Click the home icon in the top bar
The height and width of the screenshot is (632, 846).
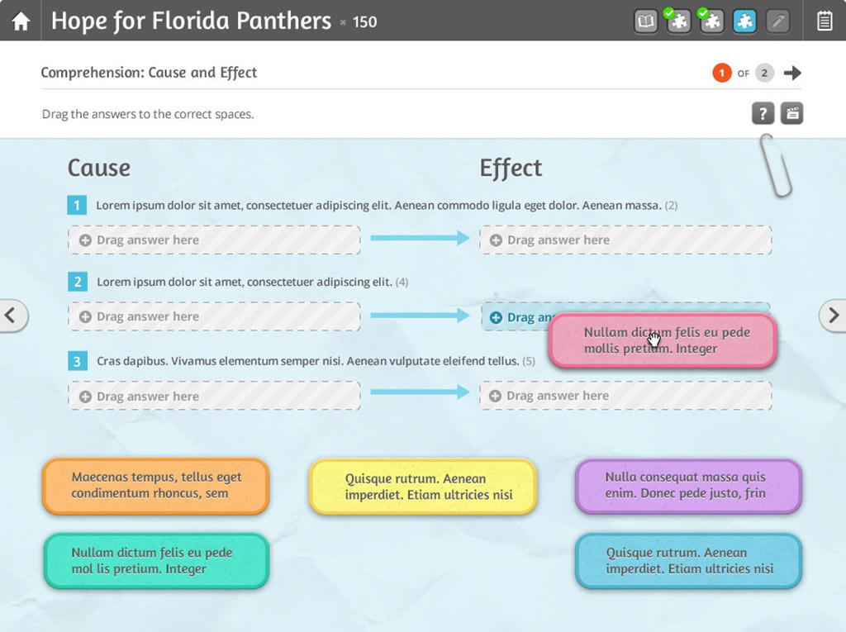click(x=21, y=21)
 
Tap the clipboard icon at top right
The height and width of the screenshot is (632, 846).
click(x=824, y=21)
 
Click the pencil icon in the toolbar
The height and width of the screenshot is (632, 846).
click(x=777, y=21)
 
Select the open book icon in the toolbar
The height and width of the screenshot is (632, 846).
click(x=647, y=21)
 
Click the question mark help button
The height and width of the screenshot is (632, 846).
click(x=763, y=113)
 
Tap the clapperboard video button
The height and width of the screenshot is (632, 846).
click(x=791, y=113)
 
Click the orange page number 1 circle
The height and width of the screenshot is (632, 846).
click(x=721, y=73)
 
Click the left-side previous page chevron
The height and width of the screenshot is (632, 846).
click(x=12, y=315)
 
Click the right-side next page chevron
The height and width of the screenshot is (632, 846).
click(x=833, y=315)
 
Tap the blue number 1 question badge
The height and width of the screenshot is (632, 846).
click(x=77, y=205)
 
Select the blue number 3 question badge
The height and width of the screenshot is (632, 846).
click(x=77, y=361)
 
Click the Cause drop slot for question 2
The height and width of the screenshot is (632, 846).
click(x=214, y=316)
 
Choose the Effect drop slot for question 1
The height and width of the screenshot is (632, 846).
click(x=625, y=240)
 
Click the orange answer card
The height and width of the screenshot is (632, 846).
click(x=155, y=486)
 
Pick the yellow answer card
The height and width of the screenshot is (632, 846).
click(x=422, y=487)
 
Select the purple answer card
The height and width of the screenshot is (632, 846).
click(x=687, y=486)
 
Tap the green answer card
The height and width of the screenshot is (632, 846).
click(x=155, y=561)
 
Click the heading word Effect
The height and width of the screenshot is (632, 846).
click(x=511, y=168)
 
